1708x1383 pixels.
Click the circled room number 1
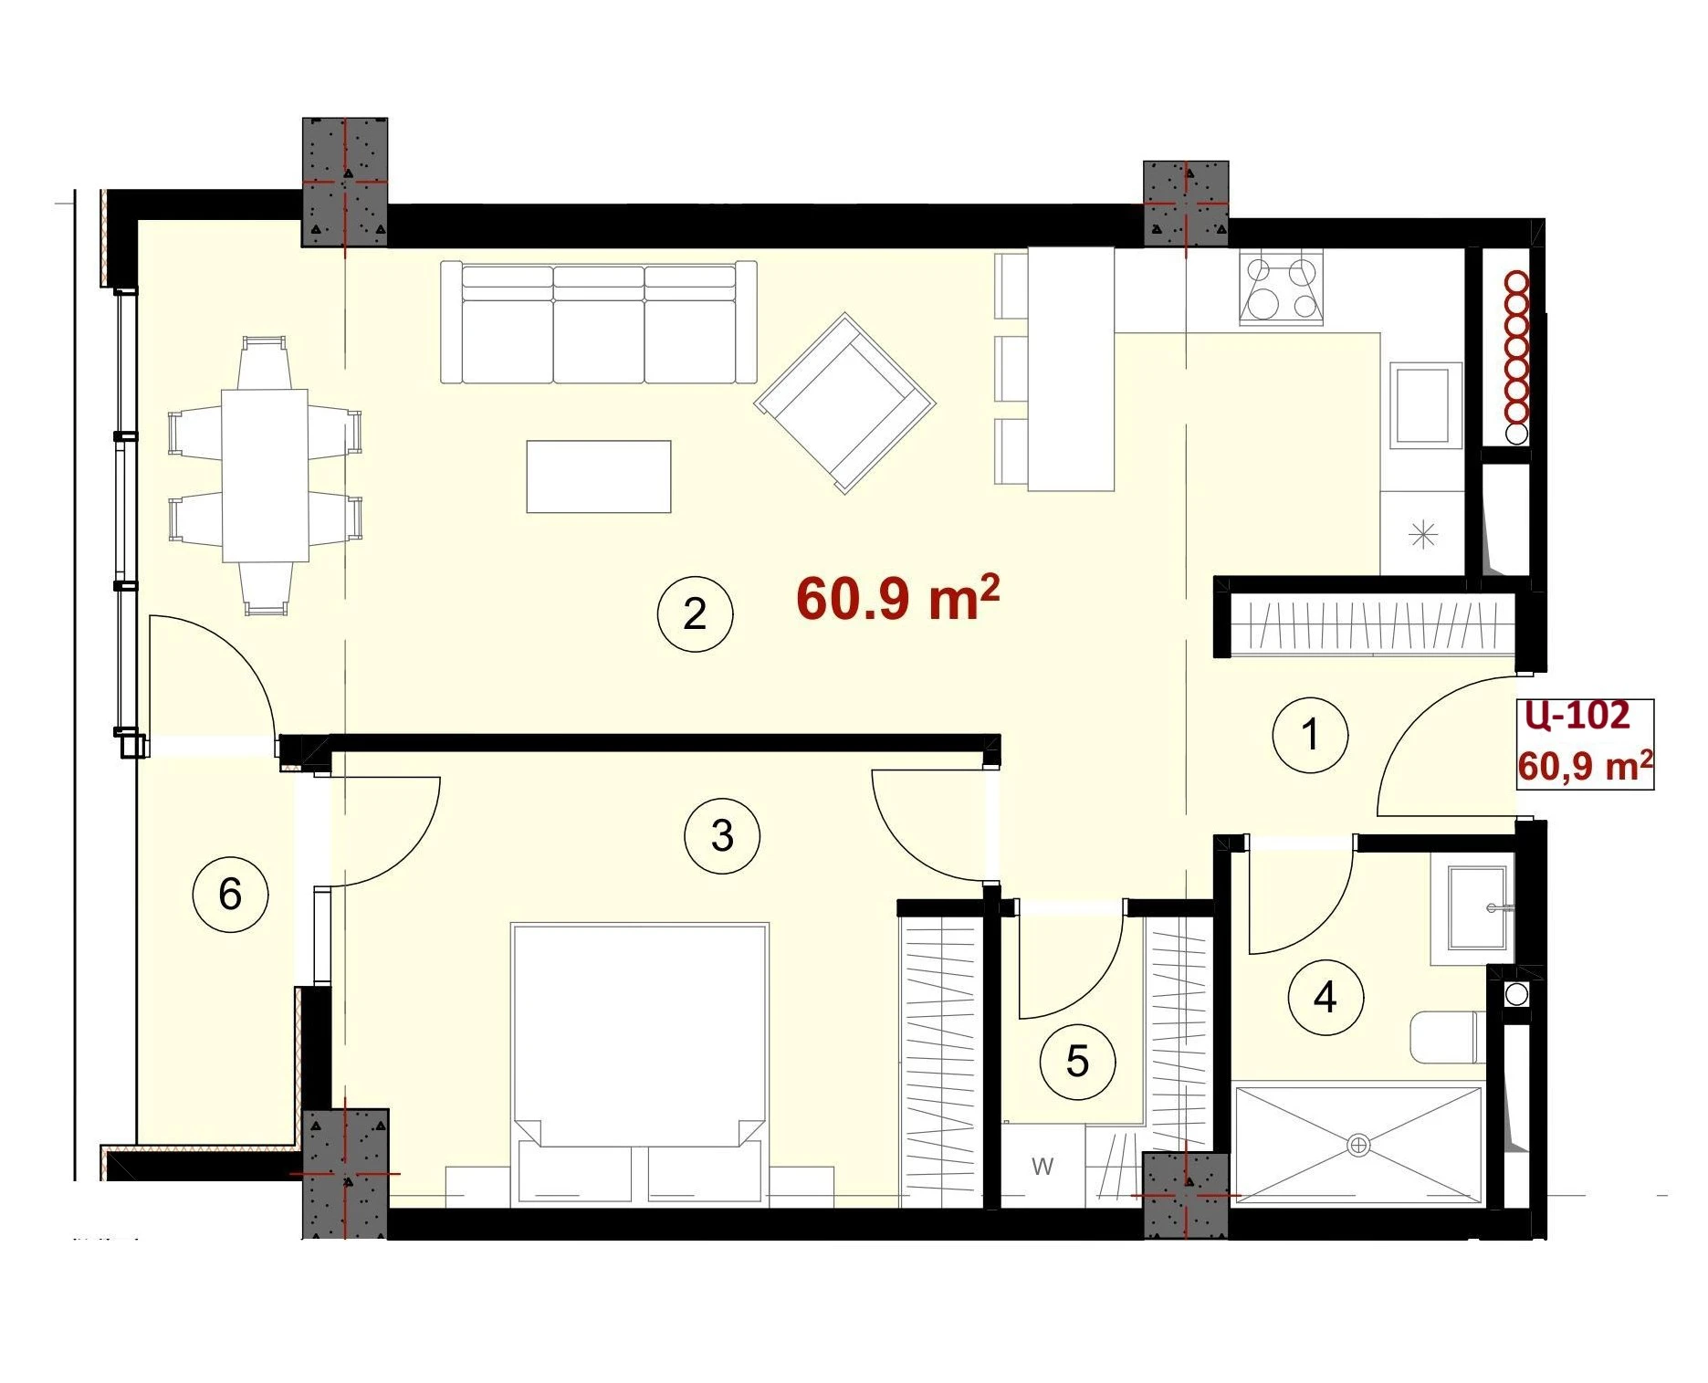pos(1310,735)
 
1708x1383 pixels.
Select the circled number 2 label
pos(695,614)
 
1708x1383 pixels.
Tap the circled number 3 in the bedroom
pos(722,835)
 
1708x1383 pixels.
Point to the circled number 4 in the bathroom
pos(1326,996)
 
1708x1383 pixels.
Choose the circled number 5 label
pos(1078,1062)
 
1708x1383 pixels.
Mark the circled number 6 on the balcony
pos(230,894)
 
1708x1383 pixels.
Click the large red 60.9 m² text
pos(898,598)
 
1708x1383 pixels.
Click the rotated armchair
pos(845,403)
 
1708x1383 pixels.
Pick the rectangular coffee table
pos(599,477)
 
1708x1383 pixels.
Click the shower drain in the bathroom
pos(1358,1144)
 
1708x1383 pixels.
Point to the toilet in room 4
pos(1448,1037)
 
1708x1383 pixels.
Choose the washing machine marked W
pos(1044,1166)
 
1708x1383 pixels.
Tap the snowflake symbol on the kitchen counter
pos(1423,534)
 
